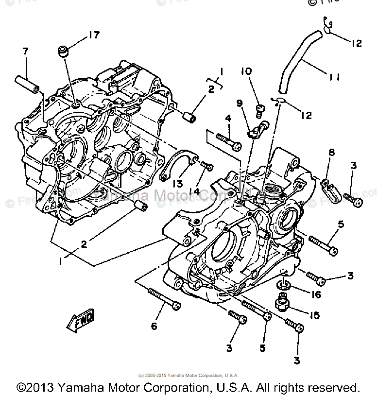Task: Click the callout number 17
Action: (93, 35)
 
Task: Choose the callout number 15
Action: (314, 315)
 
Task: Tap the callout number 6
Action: (154, 326)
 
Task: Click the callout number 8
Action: (332, 154)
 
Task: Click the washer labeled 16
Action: (283, 283)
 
